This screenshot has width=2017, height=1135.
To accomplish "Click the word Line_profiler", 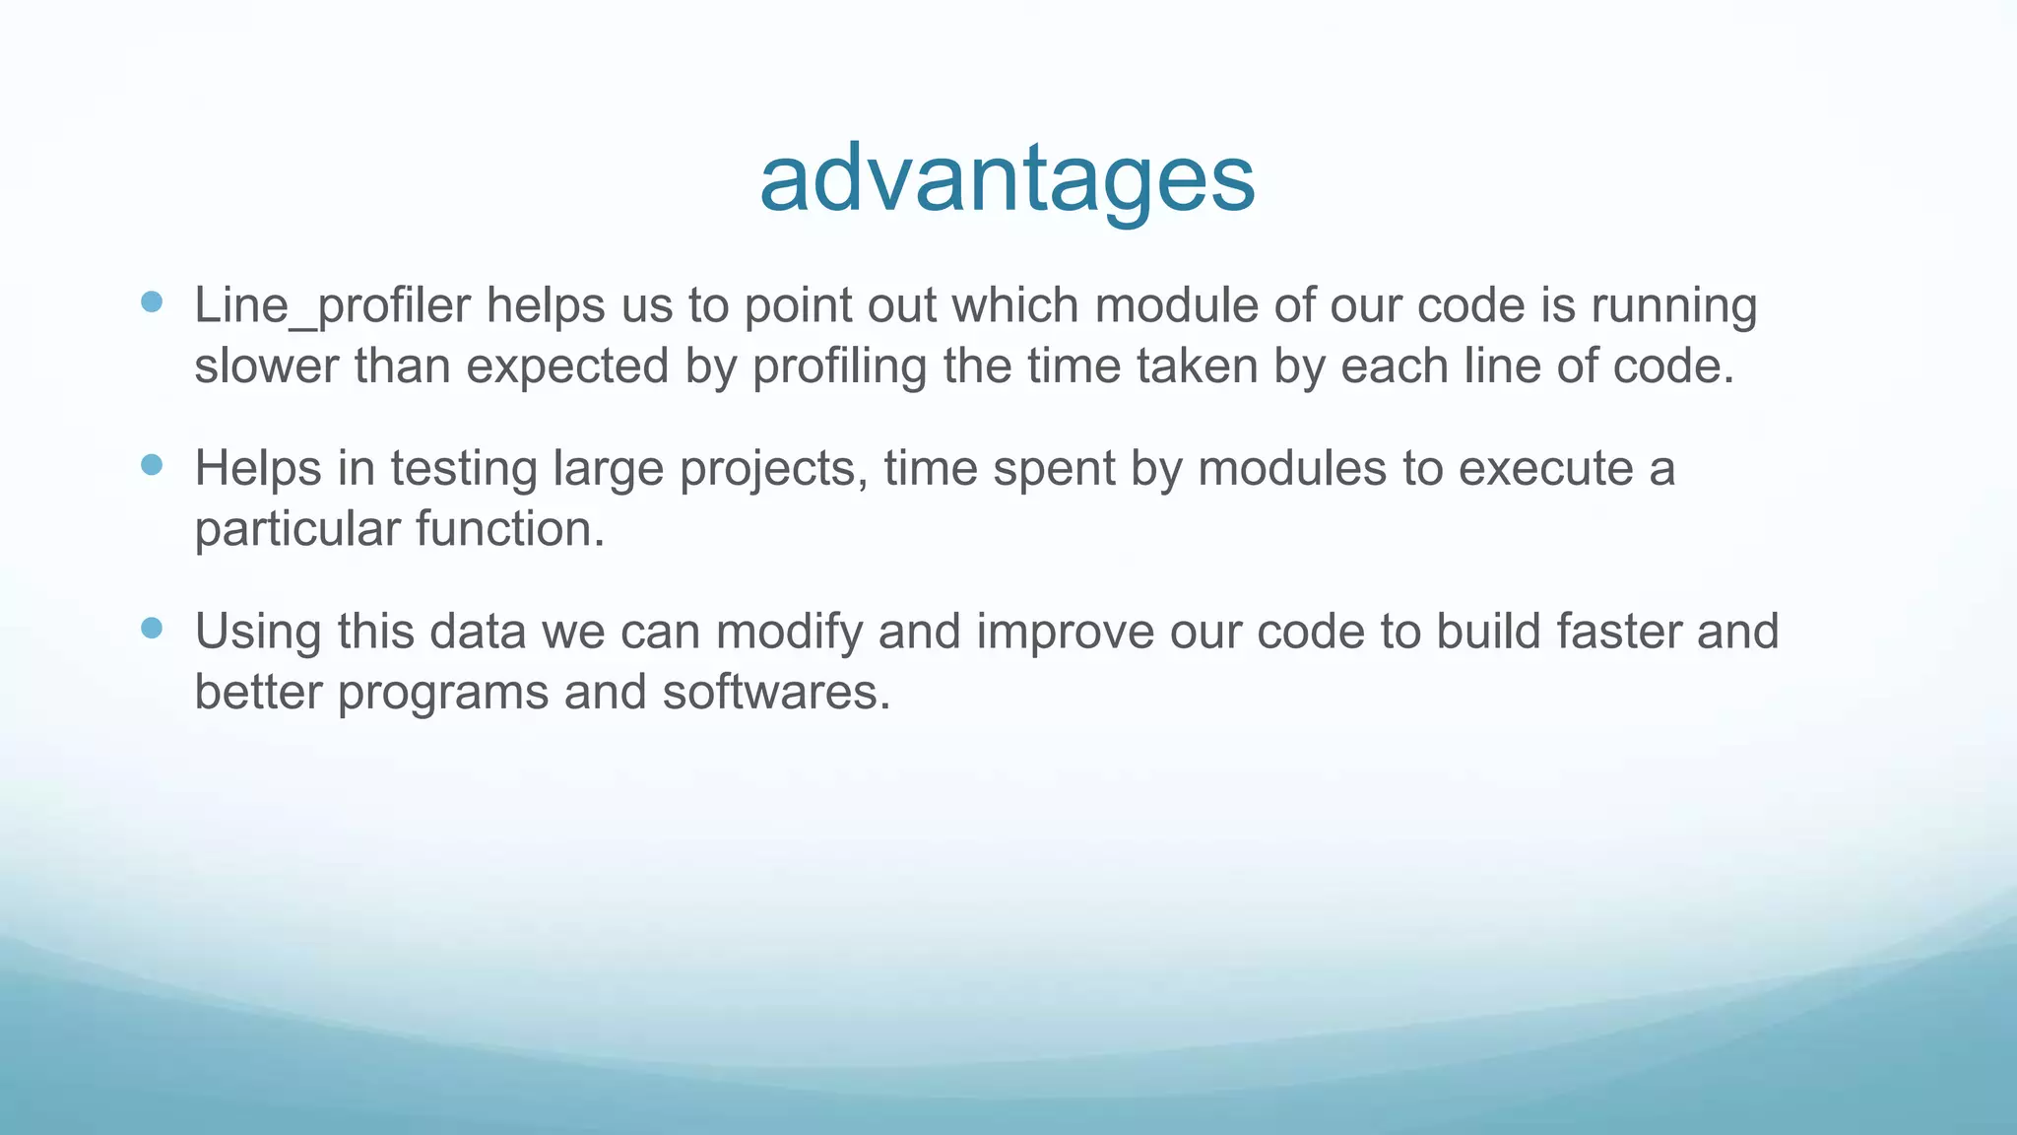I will point(332,305).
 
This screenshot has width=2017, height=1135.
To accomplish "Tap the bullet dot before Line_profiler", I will point(152,301).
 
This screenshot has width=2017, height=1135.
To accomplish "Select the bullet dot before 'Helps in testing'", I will point(152,465).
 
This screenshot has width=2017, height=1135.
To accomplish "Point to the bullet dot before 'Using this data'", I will point(152,629).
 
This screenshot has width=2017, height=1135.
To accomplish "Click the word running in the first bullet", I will point(1673,305).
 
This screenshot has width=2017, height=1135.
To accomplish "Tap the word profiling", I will point(840,367).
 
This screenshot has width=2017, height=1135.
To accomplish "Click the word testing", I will point(463,468).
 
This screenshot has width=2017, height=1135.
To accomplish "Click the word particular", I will point(296,530).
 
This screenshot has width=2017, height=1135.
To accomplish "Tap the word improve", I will point(1065,633).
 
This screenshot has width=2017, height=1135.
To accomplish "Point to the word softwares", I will point(776,693).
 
